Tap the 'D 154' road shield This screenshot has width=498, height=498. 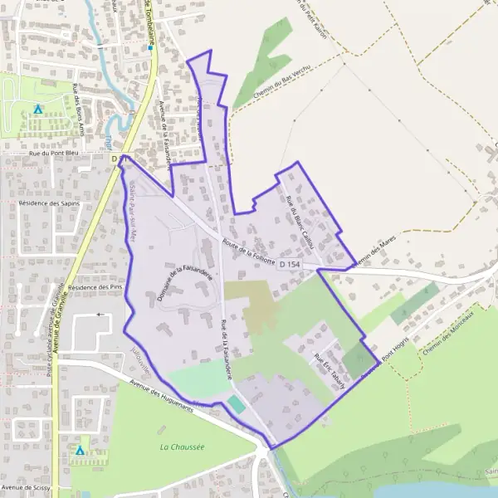(x=289, y=264)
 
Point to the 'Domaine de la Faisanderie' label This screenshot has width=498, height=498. (x=183, y=279)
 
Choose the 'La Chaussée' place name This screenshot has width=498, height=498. (x=182, y=447)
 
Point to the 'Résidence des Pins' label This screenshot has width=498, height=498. (x=94, y=286)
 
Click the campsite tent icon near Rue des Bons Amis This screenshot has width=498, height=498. (x=37, y=109)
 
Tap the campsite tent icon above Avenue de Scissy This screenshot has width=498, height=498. (x=80, y=450)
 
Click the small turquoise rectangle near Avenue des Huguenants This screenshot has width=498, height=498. (x=237, y=405)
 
